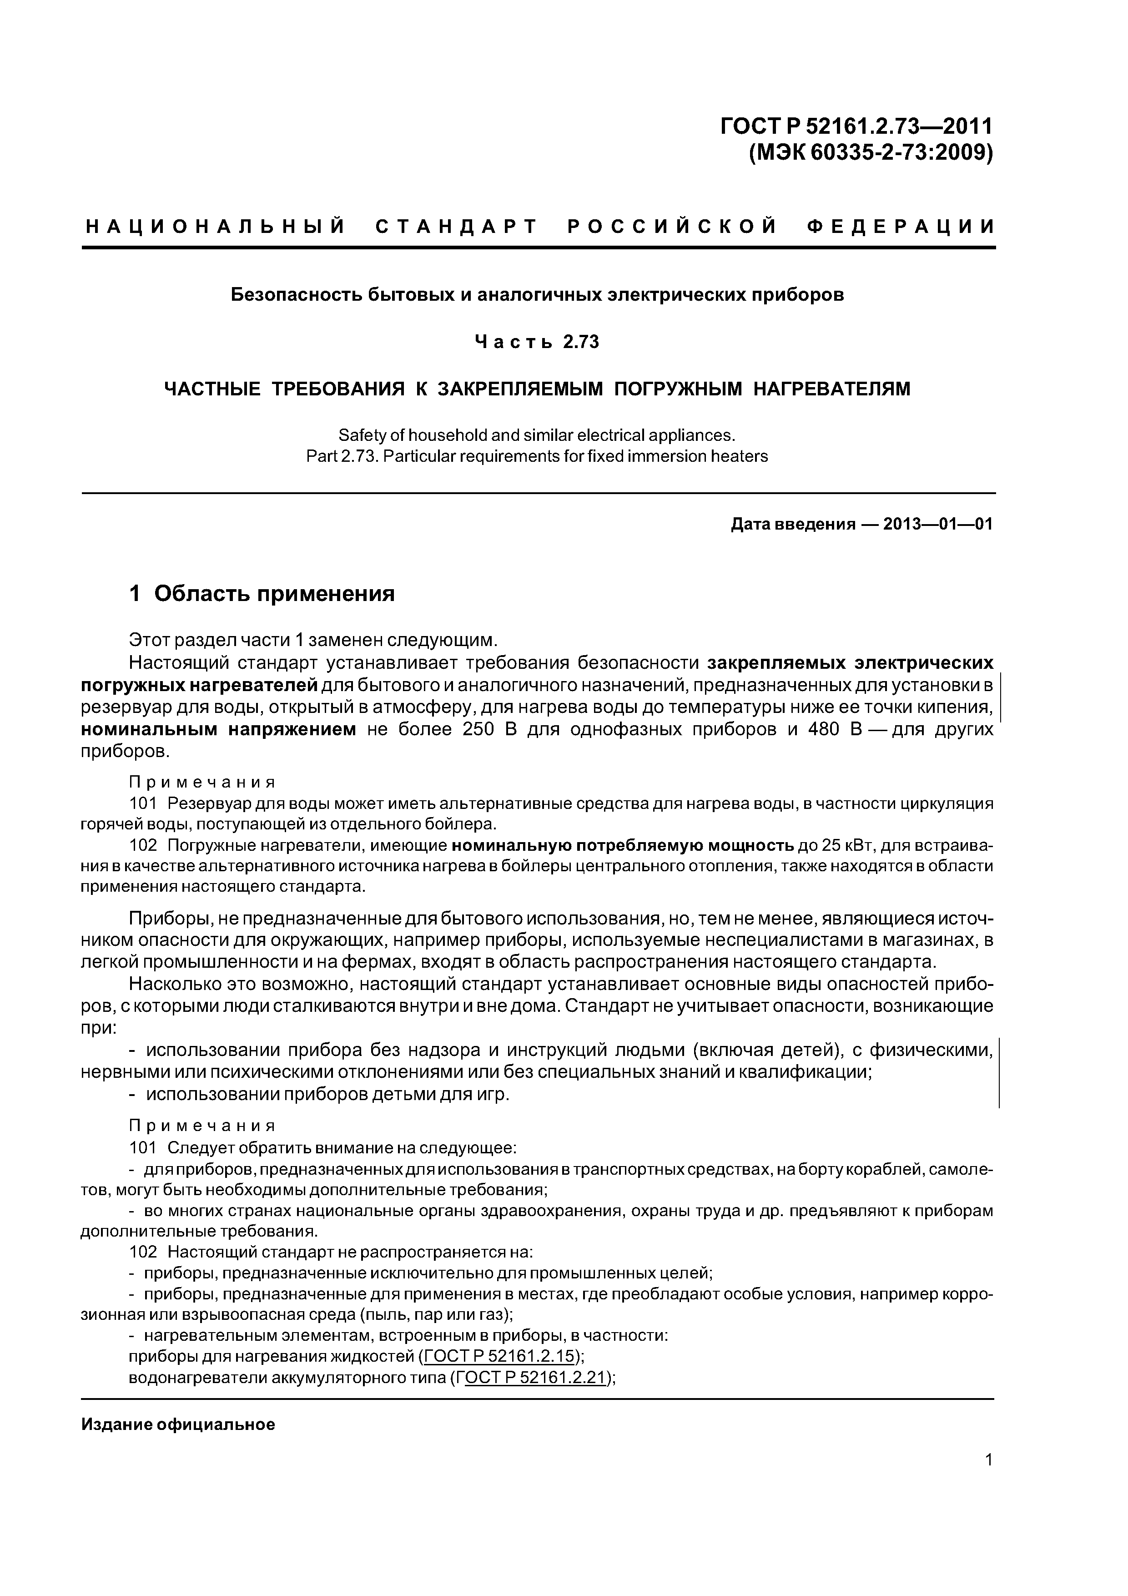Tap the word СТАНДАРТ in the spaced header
457,227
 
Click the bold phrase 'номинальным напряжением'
218,730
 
